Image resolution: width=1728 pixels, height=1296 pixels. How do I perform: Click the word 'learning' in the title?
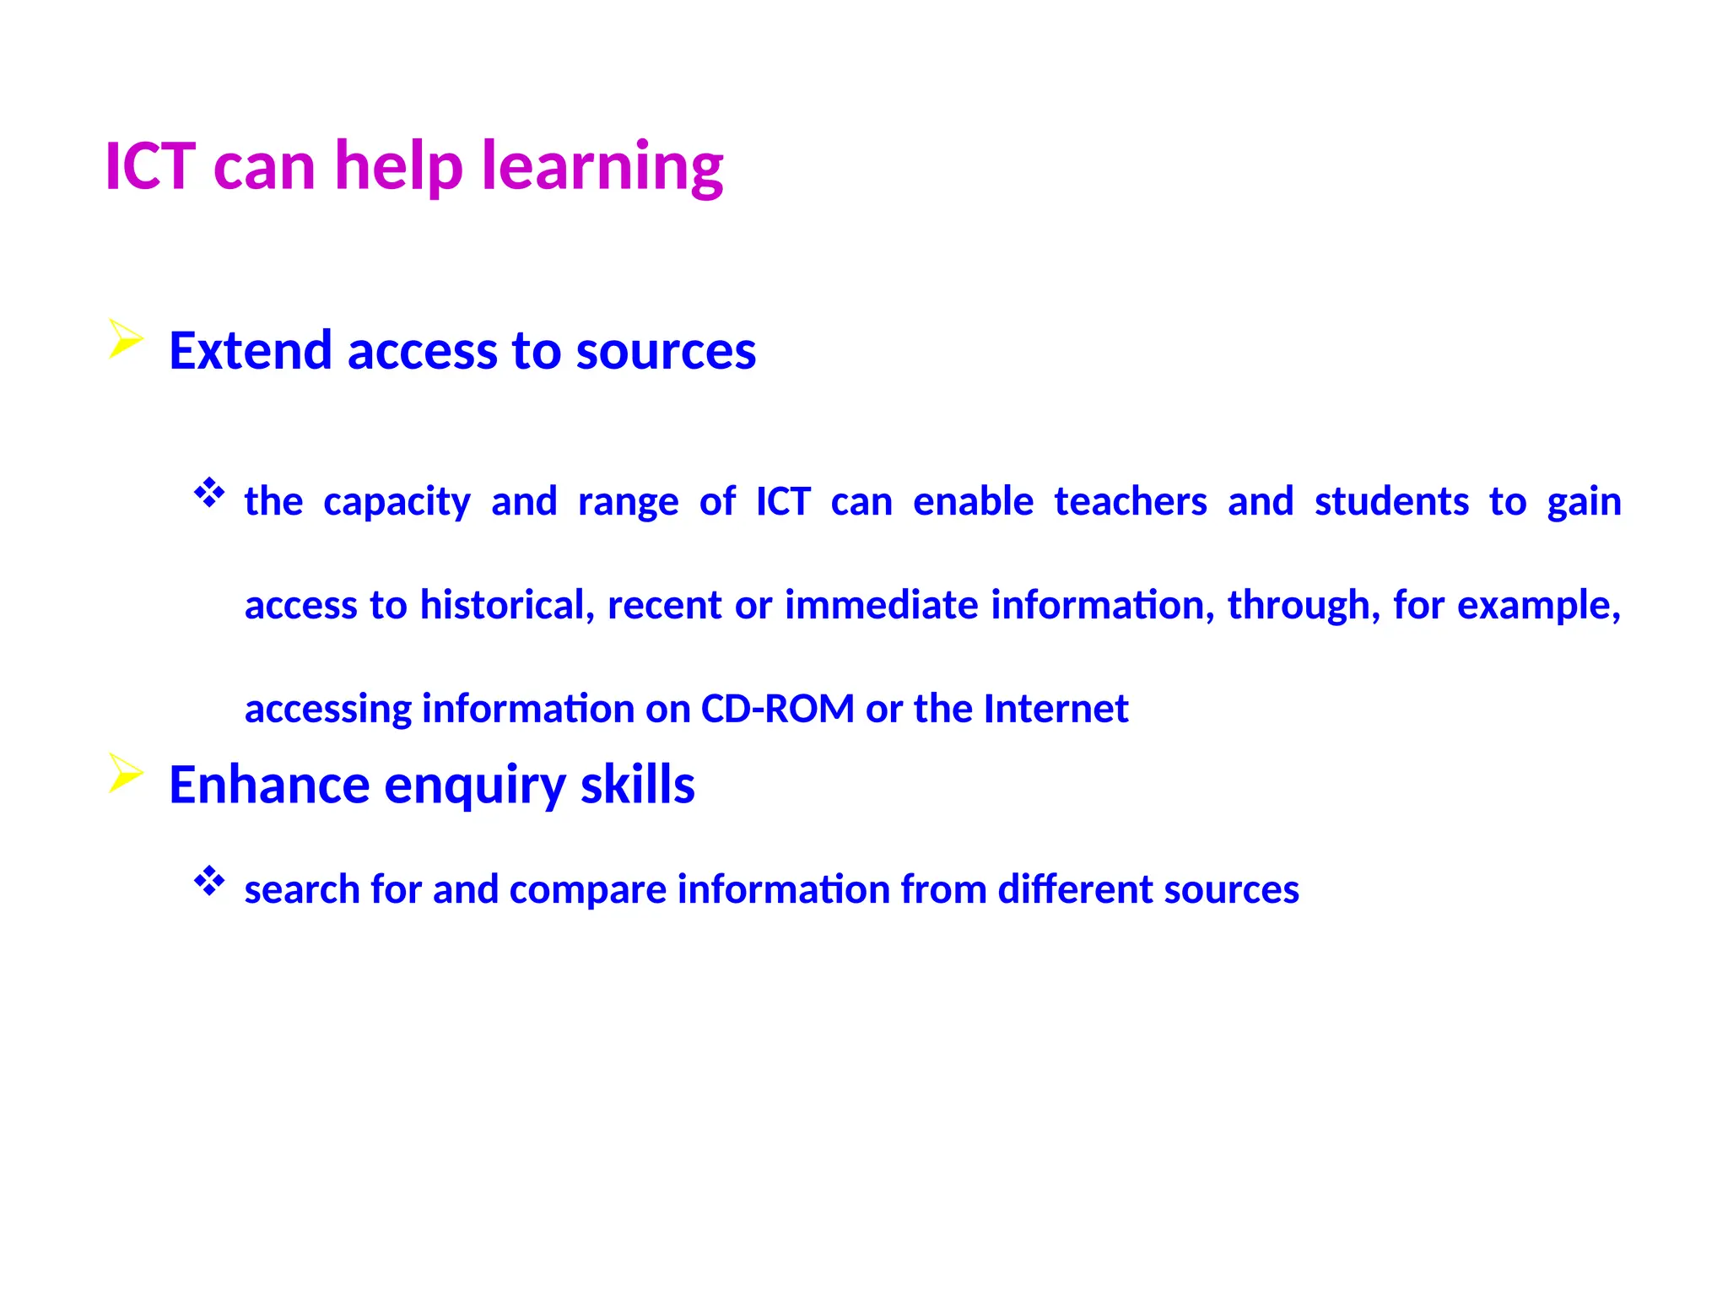pos(602,166)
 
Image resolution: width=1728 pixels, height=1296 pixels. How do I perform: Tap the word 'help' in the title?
pos(398,166)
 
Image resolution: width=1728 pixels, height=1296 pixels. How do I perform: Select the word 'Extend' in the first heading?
pos(250,350)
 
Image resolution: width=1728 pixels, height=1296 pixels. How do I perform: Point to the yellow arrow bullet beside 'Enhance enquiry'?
pos(125,773)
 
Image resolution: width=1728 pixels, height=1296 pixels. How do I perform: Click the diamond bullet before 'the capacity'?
pos(209,493)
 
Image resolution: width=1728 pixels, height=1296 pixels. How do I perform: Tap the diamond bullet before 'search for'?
pos(209,882)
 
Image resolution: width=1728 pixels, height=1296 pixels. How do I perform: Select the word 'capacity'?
pos(397,503)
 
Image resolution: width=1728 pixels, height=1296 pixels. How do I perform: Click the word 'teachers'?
pos(1130,502)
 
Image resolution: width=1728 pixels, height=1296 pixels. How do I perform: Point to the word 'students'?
pos(1391,502)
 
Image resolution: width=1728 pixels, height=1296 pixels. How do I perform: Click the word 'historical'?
pos(507,605)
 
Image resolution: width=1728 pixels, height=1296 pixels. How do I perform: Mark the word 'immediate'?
pos(881,605)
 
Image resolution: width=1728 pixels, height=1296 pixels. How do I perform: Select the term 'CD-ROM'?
pos(777,709)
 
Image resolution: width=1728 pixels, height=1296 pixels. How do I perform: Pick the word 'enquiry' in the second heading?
pos(474,786)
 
